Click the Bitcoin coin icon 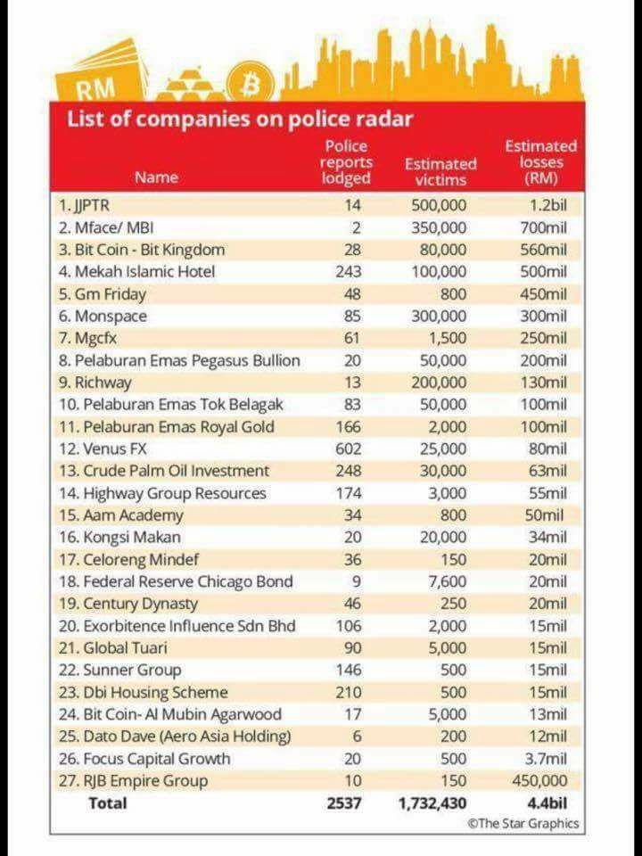click(x=251, y=84)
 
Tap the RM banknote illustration click(x=100, y=75)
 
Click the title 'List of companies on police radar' click(x=239, y=119)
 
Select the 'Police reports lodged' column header click(x=346, y=162)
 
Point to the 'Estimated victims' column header click(x=440, y=172)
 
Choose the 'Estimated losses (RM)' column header click(x=540, y=162)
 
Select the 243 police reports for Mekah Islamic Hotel click(x=349, y=272)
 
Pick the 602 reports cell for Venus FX click(x=349, y=449)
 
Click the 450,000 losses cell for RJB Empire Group click(x=540, y=781)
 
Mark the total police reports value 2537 click(x=344, y=803)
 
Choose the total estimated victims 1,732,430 click(x=433, y=803)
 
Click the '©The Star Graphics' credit click(x=523, y=823)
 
